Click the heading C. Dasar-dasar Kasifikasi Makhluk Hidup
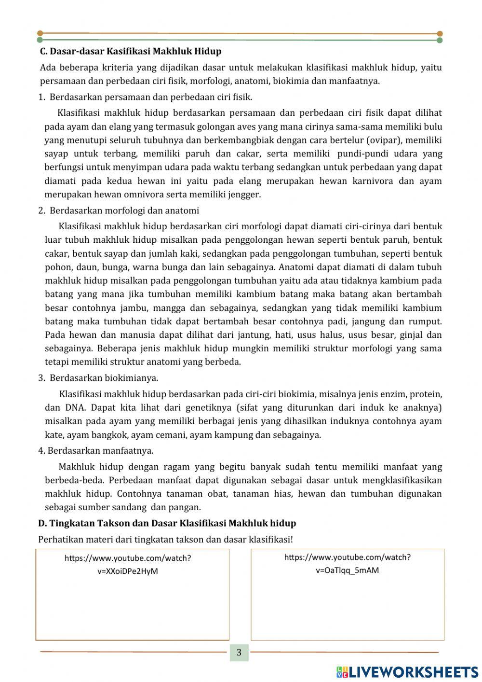tap(130, 51)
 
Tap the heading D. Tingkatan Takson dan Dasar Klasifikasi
tap(167, 523)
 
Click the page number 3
tap(239, 653)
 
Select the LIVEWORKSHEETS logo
tap(407, 671)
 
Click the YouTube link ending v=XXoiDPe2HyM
tap(128, 564)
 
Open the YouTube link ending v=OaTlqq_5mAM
tap(347, 563)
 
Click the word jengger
tap(245, 195)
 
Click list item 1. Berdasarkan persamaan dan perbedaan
tap(145, 97)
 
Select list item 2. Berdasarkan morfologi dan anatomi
tap(119, 210)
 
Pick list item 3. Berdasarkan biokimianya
tap(98, 378)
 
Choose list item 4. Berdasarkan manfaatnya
tap(96, 451)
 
